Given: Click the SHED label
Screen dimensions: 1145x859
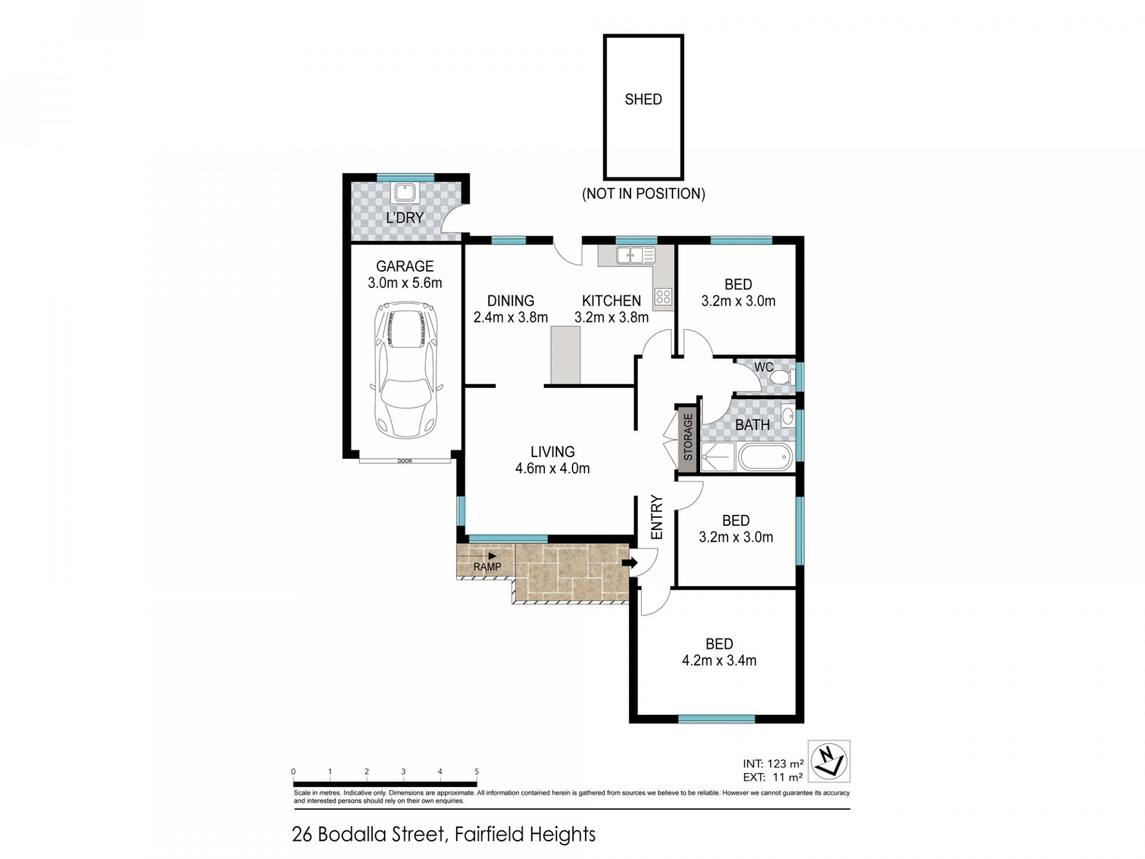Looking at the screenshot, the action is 643,99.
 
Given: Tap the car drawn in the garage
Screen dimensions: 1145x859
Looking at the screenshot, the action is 406,370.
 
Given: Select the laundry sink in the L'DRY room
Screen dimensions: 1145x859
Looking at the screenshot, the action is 405,193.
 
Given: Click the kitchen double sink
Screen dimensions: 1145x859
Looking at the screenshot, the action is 636,255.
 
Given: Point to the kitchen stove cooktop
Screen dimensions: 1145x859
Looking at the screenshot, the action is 663,296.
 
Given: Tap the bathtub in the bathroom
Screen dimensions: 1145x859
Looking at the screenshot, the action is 765,458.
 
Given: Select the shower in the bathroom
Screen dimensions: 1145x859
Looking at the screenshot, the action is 717,457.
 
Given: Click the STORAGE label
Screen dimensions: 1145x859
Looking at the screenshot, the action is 688,437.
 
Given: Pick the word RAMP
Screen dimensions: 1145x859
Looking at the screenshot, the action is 487,567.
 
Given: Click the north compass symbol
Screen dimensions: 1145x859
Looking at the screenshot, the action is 828,761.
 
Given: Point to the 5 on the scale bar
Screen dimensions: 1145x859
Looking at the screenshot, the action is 476,771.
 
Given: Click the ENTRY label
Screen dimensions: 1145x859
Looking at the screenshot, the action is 657,517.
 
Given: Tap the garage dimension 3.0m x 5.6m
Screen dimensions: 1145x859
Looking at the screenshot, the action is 405,283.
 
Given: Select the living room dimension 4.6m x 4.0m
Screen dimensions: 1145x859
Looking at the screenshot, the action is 552,468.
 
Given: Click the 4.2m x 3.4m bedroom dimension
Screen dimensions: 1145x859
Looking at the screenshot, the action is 719,660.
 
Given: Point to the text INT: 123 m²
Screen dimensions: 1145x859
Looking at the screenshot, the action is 773,763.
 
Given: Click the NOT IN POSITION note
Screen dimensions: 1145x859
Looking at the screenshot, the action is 643,194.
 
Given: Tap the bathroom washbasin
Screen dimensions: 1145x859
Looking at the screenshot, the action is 787,416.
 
